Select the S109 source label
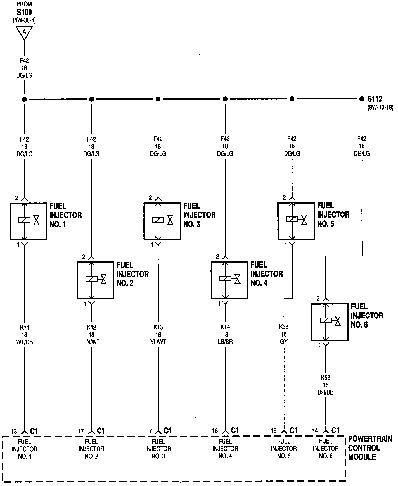tap(24, 12)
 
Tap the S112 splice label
tap(375, 99)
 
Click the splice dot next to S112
tap(362, 99)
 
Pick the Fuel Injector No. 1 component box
tap(28, 221)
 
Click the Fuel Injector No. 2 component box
tap(95, 280)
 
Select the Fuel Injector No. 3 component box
tap(162, 221)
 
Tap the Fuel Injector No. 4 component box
tap(229, 280)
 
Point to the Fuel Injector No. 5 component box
tap(296, 221)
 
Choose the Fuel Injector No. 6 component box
tap(330, 322)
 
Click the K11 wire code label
tap(24, 327)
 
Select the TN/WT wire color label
tap(91, 342)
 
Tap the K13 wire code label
tap(158, 327)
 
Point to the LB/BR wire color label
tap(225, 342)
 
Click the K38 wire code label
tap(284, 327)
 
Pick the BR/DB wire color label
tap(326, 392)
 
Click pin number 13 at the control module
tap(14, 432)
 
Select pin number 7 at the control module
tap(151, 431)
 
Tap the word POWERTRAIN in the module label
tap(370, 439)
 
